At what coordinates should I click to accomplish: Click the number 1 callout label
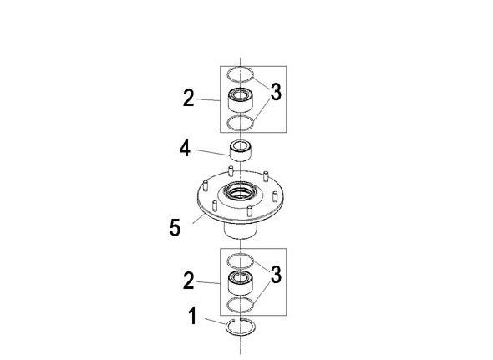tap(192, 316)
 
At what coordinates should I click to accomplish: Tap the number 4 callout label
tap(185, 149)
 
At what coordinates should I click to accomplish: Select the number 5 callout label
tap(175, 227)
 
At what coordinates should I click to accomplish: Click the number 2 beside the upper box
tap(189, 98)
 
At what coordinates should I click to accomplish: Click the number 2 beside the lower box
tap(189, 281)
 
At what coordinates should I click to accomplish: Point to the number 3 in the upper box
tap(276, 92)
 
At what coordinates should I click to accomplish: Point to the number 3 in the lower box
tap(276, 275)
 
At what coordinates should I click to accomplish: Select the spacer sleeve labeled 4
tap(241, 151)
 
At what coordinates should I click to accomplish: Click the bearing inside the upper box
tap(241, 100)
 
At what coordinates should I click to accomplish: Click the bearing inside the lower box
tap(241, 282)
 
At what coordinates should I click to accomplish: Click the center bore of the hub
tap(241, 191)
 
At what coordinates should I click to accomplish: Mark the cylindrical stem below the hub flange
tap(241, 231)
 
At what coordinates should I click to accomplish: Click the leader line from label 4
tap(213, 152)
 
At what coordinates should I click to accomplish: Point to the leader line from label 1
tap(216, 322)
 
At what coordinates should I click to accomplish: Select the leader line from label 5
tap(199, 219)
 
